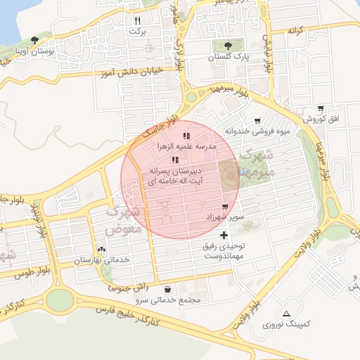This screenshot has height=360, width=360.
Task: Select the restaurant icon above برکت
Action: point(138,21)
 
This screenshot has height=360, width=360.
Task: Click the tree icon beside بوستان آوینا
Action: point(35,41)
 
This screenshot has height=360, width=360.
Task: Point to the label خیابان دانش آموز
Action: point(134,71)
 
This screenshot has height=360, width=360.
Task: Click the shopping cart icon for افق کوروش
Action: point(321,109)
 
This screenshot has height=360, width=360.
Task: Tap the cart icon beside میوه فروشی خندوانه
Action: point(258,120)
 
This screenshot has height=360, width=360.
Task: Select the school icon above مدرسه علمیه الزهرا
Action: point(186,135)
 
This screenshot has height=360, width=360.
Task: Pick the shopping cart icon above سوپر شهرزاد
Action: point(225,207)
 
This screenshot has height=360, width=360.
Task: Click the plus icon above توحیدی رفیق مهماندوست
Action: point(224,235)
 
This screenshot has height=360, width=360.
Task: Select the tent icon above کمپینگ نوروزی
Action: point(285,314)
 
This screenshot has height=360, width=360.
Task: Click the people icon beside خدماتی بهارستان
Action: point(102,249)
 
